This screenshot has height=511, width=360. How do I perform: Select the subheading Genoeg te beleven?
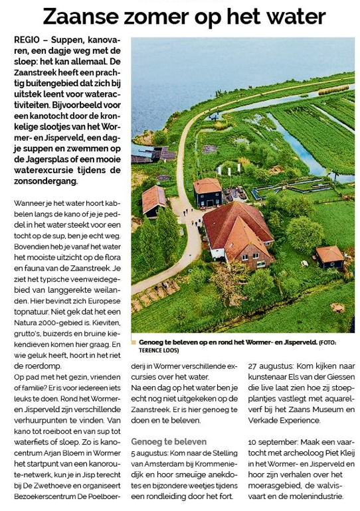point(169,441)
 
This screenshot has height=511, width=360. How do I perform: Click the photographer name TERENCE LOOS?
point(159,350)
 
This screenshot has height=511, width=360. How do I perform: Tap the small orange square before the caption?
point(134,342)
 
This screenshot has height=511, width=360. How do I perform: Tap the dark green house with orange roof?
point(208,192)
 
